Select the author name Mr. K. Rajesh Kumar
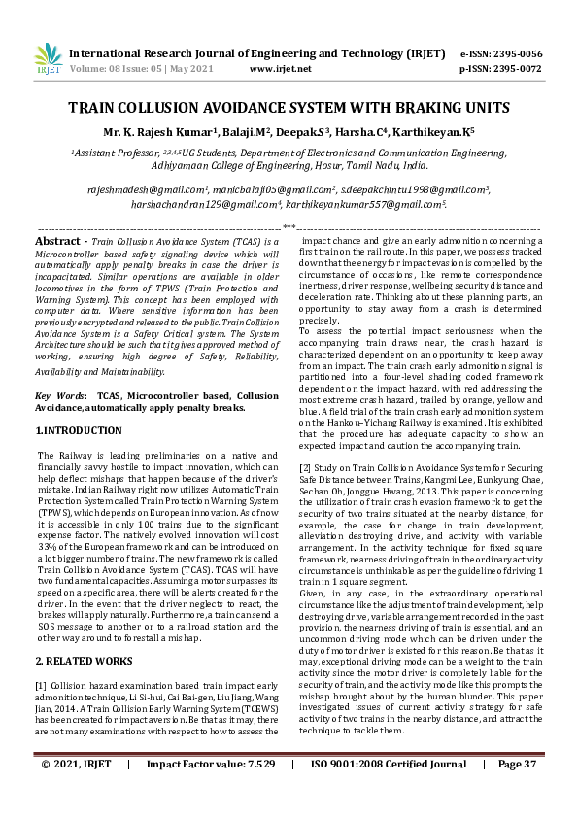(179, 130)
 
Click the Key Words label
(57, 396)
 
